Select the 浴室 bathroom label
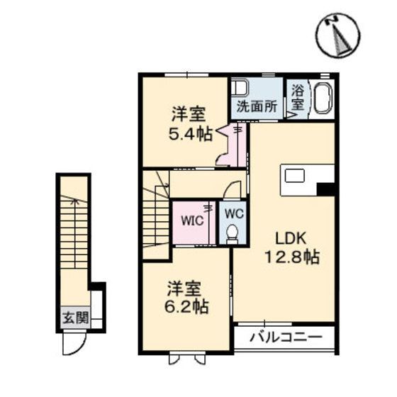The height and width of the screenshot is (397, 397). (x=296, y=97)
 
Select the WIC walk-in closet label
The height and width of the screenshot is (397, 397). (x=192, y=219)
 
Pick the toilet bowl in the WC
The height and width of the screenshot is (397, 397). (x=231, y=233)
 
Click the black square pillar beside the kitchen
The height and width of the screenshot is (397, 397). (x=325, y=189)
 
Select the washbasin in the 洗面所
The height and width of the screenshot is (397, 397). (x=240, y=90)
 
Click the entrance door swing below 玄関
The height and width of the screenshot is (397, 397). (x=74, y=345)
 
